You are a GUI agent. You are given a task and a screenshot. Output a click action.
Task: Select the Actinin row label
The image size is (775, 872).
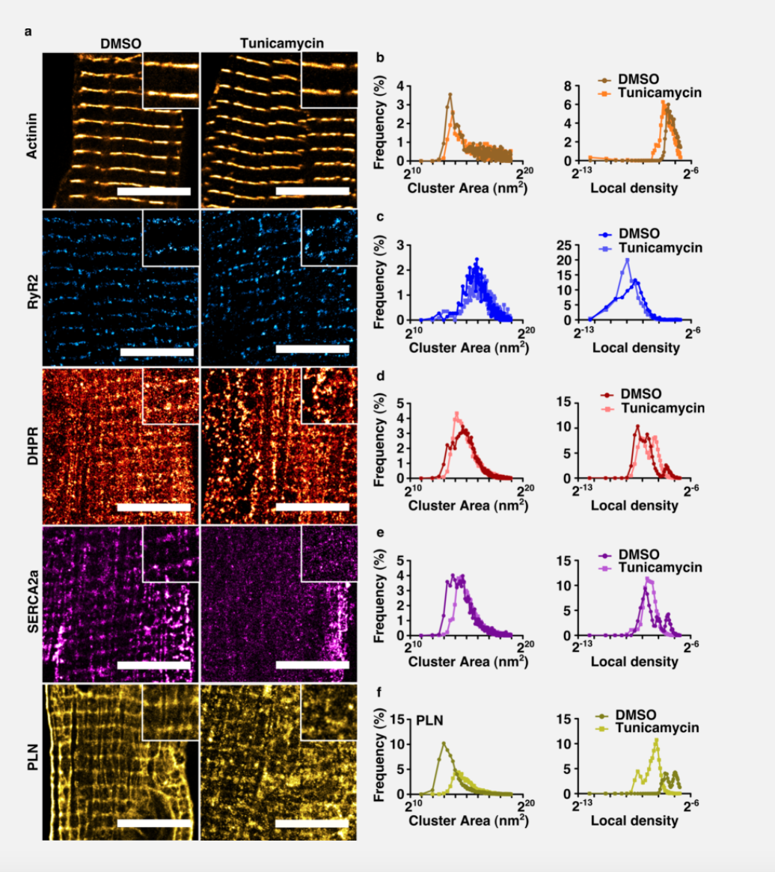31,131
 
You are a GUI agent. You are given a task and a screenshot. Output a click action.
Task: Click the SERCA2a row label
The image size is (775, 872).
31,604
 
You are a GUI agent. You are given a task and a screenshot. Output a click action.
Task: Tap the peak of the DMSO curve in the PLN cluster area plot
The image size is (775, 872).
444,743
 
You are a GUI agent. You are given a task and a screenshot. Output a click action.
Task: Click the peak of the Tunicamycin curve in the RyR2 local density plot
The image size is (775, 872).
628,260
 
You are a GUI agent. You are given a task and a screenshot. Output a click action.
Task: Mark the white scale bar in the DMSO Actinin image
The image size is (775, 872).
154,191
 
